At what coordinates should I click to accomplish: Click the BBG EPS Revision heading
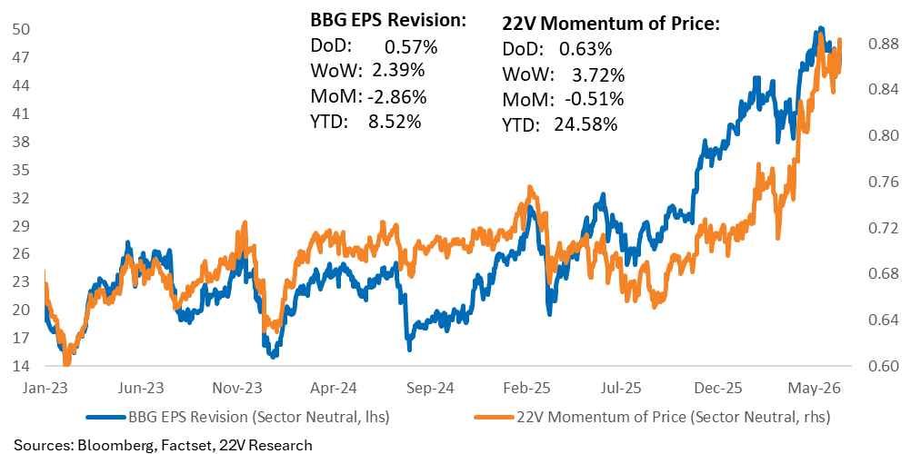pyautogui.click(x=387, y=21)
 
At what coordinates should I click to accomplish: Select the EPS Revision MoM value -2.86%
pyautogui.click(x=397, y=97)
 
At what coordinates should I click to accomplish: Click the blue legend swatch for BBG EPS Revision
pyautogui.click(x=105, y=416)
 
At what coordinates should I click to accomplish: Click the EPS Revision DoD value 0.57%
pyautogui.click(x=410, y=46)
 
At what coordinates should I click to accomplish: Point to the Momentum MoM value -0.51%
pyautogui.click(x=594, y=100)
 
